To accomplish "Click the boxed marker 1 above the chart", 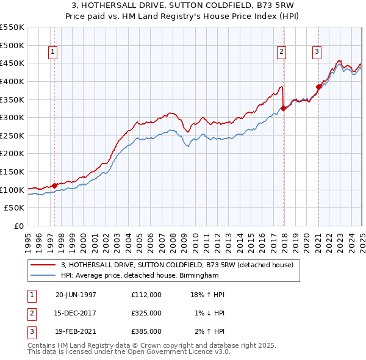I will (54, 52).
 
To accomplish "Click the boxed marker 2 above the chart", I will (281, 52).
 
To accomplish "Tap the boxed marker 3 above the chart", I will (317, 52).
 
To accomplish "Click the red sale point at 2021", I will (318, 87).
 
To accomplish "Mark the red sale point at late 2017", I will (284, 109).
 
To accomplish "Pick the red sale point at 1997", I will (55, 185).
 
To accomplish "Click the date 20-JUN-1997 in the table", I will (76, 295).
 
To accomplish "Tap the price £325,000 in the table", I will (146, 313).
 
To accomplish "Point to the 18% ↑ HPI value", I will (208, 295).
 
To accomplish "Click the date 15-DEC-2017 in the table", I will (76, 313).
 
